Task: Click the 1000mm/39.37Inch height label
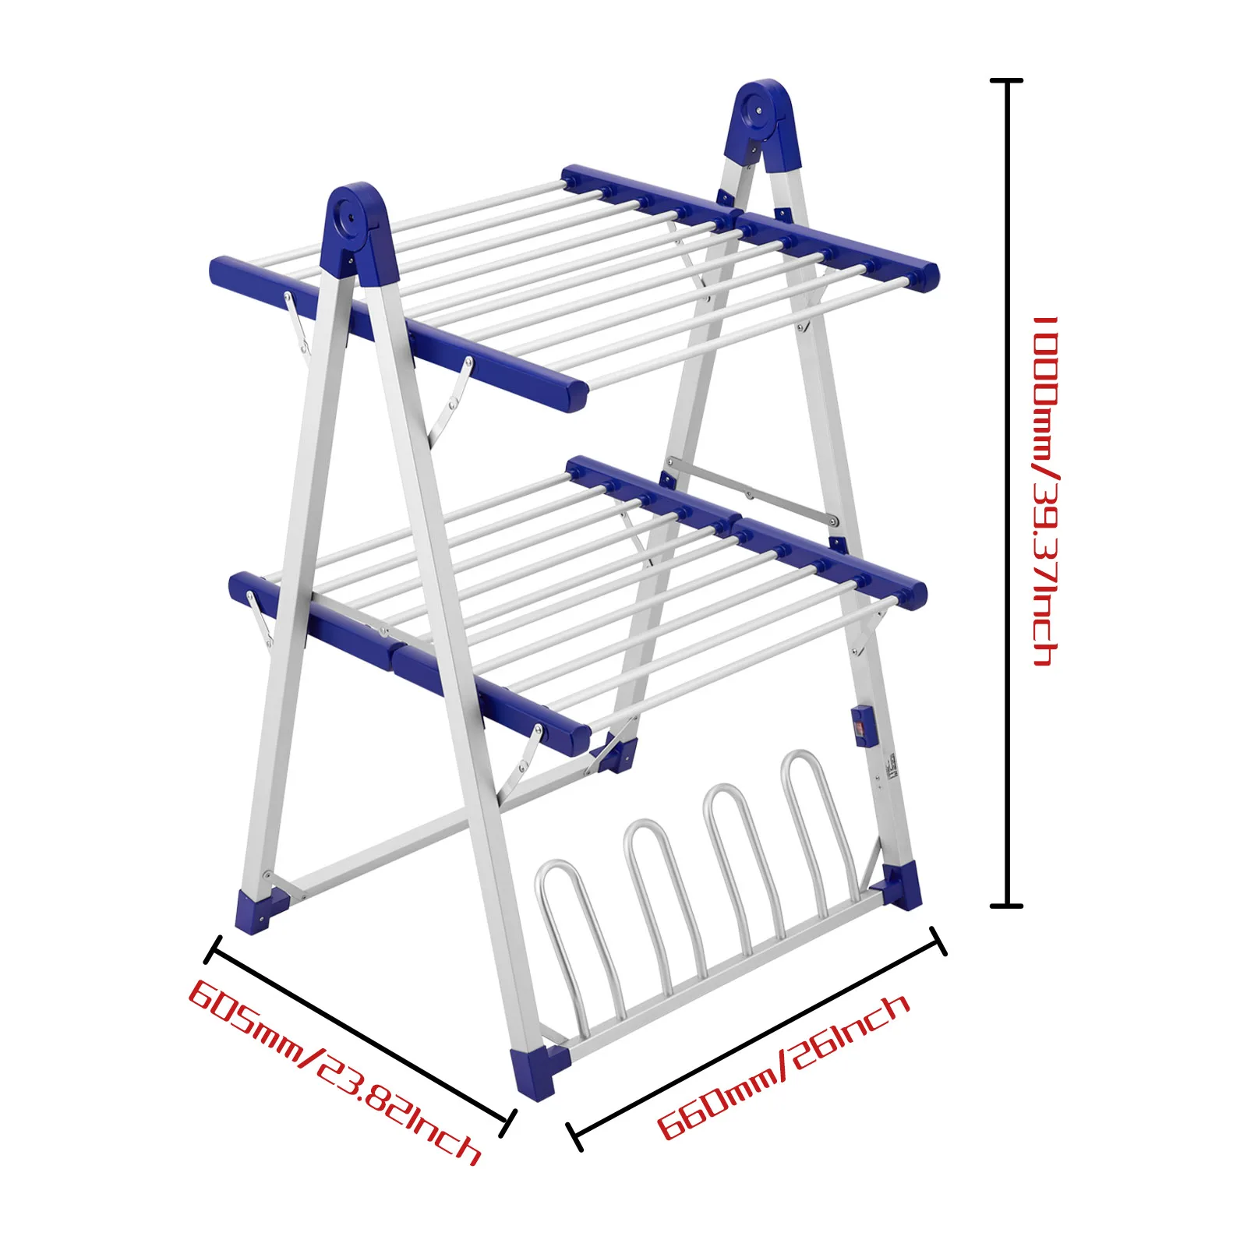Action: pyautogui.click(x=1044, y=491)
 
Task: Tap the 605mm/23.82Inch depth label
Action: pyautogui.click(x=335, y=1072)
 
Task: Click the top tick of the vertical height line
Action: pyautogui.click(x=1006, y=80)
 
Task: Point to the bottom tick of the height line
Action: pyautogui.click(x=1006, y=906)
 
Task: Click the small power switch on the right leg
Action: pyautogui.click(x=860, y=726)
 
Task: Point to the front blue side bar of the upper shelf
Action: pyautogui.click(x=397, y=331)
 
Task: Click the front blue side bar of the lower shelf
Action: pyautogui.click(x=409, y=659)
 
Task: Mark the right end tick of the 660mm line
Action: pyautogui.click(x=938, y=941)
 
